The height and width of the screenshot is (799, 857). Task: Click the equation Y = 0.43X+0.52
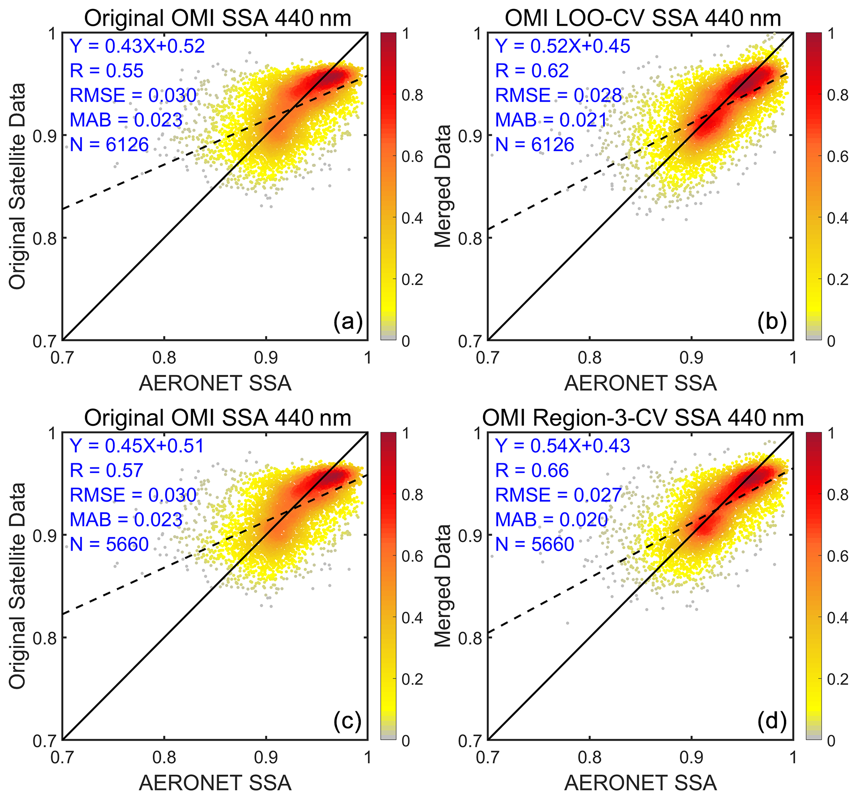[x=137, y=46]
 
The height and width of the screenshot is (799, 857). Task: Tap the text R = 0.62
[x=532, y=71]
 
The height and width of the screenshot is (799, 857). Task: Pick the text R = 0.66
[x=532, y=470]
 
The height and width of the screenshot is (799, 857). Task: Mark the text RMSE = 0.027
[x=558, y=495]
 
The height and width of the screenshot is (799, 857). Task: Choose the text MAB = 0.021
[x=551, y=120]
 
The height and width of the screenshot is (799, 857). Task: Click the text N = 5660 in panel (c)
[x=109, y=544]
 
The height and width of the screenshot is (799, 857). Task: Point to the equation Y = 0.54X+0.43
[x=562, y=445]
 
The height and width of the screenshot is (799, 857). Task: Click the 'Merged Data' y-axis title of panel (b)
[x=442, y=186]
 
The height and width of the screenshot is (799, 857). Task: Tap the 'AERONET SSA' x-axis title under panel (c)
[x=215, y=783]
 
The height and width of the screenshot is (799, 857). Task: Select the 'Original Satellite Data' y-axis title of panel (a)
[x=17, y=186]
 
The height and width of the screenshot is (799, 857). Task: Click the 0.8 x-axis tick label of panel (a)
[x=164, y=358]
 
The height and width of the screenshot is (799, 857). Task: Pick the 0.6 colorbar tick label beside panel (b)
[x=837, y=156]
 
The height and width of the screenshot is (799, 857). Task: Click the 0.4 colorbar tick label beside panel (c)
[x=412, y=618]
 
